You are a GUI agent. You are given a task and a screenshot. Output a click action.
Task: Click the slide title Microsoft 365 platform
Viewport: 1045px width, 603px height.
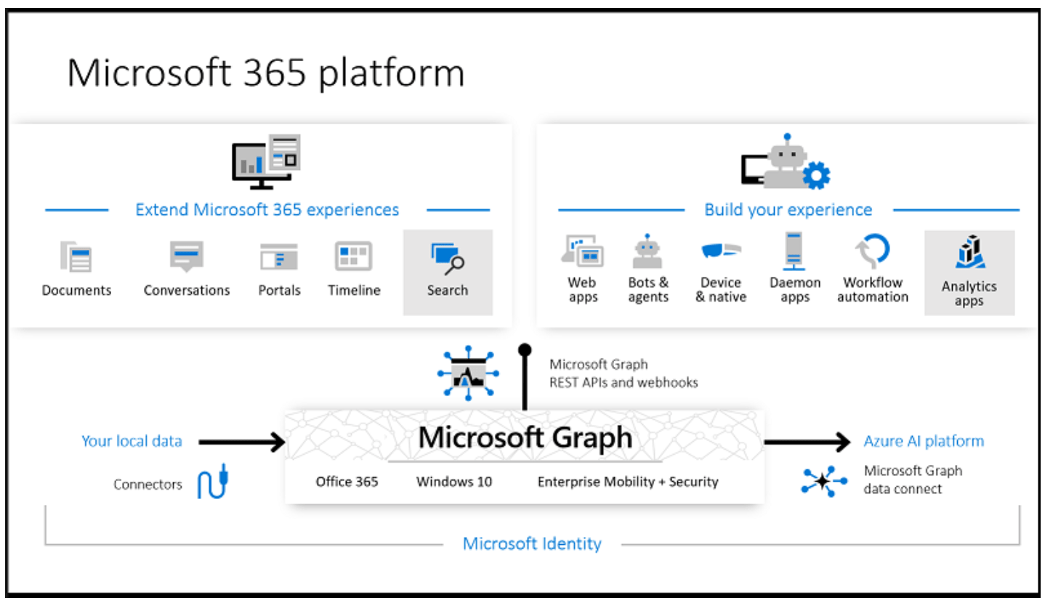tap(265, 73)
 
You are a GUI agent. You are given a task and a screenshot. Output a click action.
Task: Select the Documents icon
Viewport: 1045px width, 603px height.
tap(76, 256)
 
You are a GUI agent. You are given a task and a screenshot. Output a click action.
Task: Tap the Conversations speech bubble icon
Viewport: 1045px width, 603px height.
tap(187, 256)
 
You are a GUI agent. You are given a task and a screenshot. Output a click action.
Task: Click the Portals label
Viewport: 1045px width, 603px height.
tap(279, 291)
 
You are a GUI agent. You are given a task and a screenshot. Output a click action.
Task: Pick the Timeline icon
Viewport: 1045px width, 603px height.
tap(353, 256)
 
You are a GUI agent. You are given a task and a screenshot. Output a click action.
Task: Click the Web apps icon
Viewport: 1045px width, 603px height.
tap(583, 251)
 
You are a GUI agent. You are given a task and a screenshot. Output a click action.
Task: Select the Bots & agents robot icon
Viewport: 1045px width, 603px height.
tap(647, 251)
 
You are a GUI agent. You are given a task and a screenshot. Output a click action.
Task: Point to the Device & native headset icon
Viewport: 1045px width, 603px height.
tap(721, 251)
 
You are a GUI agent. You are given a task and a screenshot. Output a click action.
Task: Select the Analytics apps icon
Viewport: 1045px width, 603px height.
tap(969, 253)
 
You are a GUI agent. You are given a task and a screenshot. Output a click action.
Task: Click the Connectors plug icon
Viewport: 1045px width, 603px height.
tap(213, 482)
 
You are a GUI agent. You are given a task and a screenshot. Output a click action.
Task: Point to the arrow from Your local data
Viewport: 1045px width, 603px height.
tap(241, 441)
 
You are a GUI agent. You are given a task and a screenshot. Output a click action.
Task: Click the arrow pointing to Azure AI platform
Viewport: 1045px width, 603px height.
tap(807, 441)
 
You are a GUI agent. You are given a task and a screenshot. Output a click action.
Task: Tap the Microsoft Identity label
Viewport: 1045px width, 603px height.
tap(532, 543)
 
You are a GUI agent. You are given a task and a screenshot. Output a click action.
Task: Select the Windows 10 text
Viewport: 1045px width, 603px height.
tap(454, 482)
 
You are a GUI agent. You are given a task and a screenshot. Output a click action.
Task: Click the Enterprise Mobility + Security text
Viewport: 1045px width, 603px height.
tap(628, 482)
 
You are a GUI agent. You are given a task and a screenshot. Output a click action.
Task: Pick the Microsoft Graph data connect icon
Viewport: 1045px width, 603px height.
tap(824, 482)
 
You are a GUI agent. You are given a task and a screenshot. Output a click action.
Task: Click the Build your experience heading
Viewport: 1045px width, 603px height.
tap(788, 210)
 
